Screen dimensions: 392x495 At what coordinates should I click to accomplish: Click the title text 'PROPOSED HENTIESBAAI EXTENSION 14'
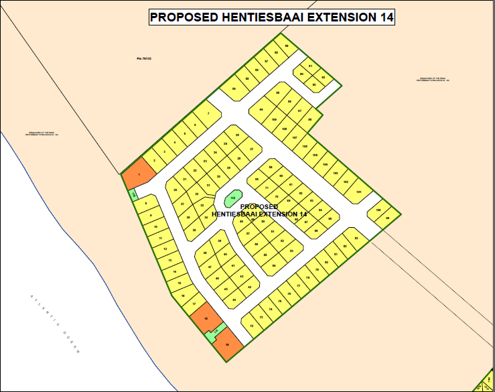271,17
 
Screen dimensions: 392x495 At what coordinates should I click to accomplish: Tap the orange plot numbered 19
228,343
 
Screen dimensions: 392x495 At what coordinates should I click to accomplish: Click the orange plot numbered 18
207,319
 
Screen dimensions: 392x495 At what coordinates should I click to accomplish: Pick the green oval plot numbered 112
232,198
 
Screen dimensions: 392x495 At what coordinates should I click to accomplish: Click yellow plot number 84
233,88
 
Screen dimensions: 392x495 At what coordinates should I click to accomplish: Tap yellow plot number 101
358,192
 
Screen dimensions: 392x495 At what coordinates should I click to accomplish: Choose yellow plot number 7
208,115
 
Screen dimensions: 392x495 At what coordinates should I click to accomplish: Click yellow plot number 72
251,326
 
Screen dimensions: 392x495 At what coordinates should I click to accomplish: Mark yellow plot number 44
234,300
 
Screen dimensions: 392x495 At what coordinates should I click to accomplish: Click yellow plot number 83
356,238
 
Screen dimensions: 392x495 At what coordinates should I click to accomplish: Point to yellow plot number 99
277,92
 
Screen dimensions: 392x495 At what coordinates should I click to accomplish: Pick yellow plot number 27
251,149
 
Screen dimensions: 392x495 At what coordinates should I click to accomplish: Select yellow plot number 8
145,202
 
